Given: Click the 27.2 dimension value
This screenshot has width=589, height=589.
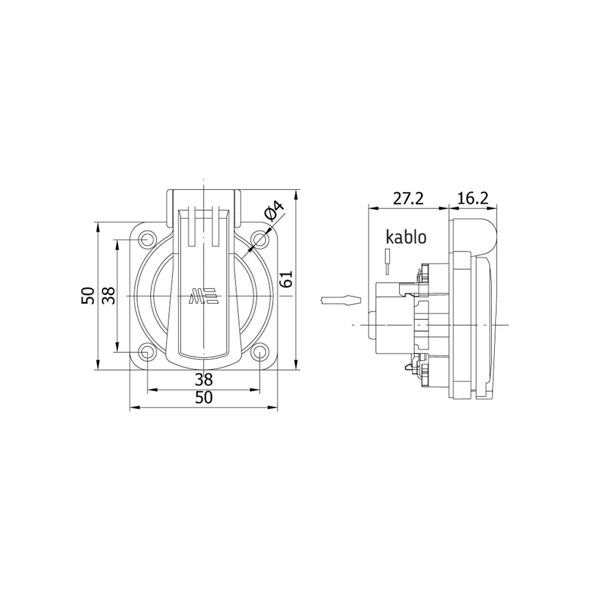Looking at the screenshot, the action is [x=408, y=198].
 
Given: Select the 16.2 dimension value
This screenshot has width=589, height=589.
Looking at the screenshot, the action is [x=473, y=198].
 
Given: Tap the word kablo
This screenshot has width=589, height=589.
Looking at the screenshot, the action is [x=406, y=237].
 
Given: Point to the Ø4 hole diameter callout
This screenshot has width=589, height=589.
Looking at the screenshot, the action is [x=273, y=210].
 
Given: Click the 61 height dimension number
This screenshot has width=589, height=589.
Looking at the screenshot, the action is [x=286, y=279].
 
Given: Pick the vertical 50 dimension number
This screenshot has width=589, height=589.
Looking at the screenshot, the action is [x=88, y=296].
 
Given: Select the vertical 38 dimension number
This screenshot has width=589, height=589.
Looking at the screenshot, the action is [x=109, y=296].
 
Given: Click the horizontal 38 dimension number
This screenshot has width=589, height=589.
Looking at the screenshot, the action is [x=204, y=380].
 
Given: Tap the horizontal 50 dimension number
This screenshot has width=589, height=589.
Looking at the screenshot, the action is [x=204, y=398].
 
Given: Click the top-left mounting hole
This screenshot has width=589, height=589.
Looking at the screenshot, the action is [x=147, y=239].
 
